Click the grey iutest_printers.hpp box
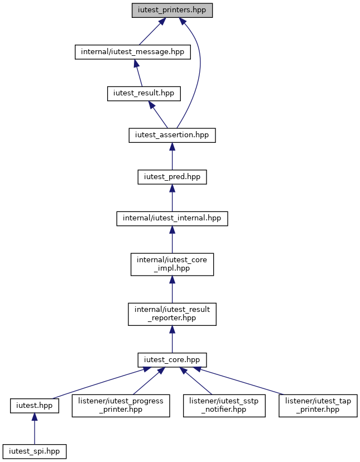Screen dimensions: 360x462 pos(172,10)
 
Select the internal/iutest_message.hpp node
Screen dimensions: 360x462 pos(133,52)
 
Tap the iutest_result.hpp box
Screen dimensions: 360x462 pos(144,93)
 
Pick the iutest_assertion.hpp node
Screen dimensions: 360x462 pos(172,135)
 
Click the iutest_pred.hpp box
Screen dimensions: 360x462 pos(172,177)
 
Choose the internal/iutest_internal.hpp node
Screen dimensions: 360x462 pos(172,219)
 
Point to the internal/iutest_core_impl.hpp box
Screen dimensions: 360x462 pos(172,264)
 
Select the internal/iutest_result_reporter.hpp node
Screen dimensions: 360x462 pos(172,314)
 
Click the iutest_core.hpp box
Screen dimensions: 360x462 pos(172,360)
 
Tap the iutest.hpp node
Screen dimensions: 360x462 pos(35,406)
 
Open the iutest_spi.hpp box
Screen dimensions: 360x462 pos(35,451)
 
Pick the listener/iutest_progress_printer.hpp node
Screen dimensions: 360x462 pos(121,406)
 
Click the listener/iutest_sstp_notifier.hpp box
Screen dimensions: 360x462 pos(224,406)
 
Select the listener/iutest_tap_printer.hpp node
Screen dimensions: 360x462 pos(318,406)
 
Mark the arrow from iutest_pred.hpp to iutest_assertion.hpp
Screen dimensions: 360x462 pos(172,156)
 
